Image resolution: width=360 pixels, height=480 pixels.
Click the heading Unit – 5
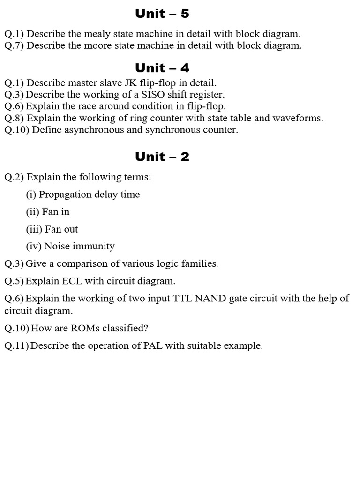162,14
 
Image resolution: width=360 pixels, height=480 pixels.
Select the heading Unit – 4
162,68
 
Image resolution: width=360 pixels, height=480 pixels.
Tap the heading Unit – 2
162,157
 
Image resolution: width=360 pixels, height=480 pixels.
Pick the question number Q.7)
14,45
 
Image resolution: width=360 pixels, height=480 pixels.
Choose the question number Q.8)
14,118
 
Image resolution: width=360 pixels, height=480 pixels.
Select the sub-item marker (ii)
32,212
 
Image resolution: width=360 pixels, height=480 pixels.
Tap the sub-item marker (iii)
34,229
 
